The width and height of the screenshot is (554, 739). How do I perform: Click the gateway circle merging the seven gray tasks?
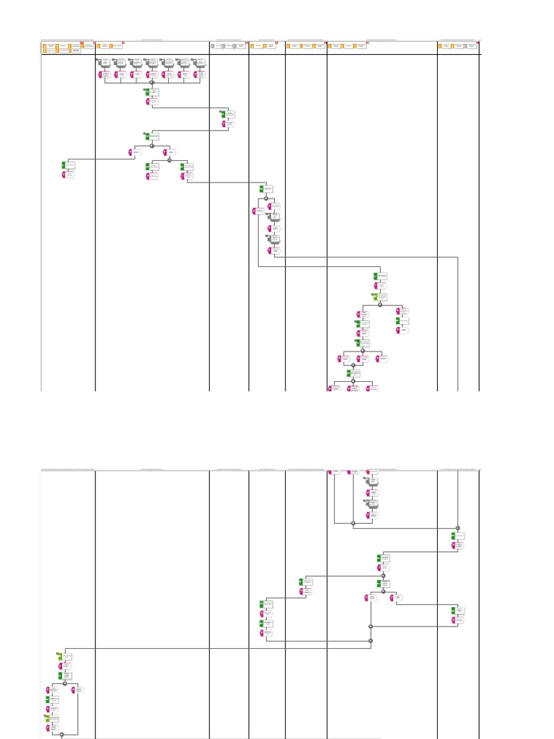coord(151,82)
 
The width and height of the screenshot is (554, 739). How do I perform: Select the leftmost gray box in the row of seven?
coord(105,63)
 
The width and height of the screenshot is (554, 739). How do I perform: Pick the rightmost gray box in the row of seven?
coord(200,63)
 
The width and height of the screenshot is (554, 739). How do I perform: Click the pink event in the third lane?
coord(224,124)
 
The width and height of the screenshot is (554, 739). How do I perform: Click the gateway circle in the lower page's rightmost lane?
coord(458,528)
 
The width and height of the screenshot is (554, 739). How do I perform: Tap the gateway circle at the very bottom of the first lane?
coord(61,735)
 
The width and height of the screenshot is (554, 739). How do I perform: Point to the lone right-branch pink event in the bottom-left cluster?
coord(76,690)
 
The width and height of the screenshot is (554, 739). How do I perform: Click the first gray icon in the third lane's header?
coord(213,46)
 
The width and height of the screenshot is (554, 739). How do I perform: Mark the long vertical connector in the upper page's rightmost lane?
coord(458,325)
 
